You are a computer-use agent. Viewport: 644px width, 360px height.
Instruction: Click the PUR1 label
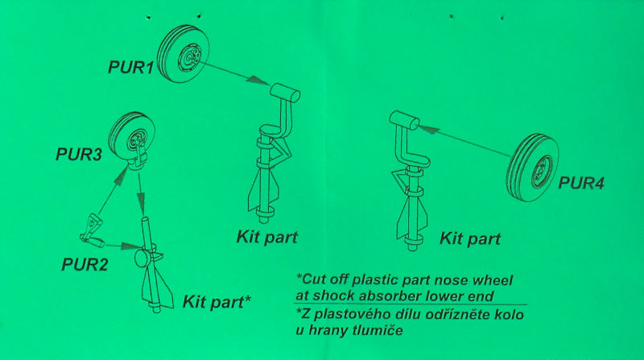[x=130, y=67]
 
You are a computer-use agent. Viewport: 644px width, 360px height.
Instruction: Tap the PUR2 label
[x=85, y=264]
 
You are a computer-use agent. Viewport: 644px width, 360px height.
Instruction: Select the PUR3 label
[x=78, y=154]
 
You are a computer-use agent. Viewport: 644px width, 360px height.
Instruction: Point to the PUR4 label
[x=580, y=183]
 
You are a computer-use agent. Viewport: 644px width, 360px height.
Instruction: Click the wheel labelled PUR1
[x=184, y=54]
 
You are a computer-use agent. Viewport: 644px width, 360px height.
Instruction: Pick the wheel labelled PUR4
[x=533, y=168]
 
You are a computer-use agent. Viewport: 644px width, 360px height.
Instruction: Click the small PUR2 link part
[x=92, y=231]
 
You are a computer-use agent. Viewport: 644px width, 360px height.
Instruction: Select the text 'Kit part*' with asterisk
[x=217, y=301]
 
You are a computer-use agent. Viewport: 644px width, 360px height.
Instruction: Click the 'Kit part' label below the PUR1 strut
[x=267, y=237]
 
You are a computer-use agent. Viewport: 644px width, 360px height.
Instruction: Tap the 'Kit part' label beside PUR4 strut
[x=470, y=238]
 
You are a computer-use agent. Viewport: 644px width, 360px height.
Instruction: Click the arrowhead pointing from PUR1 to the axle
[x=258, y=81]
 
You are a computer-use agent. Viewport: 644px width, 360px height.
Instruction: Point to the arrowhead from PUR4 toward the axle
[x=429, y=129]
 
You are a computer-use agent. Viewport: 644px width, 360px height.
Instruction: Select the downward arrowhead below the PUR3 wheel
[x=141, y=202]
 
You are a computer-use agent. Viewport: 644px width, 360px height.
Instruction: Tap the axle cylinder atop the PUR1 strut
[x=285, y=92]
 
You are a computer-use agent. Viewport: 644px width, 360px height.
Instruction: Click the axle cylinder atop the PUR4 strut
[x=405, y=120]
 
